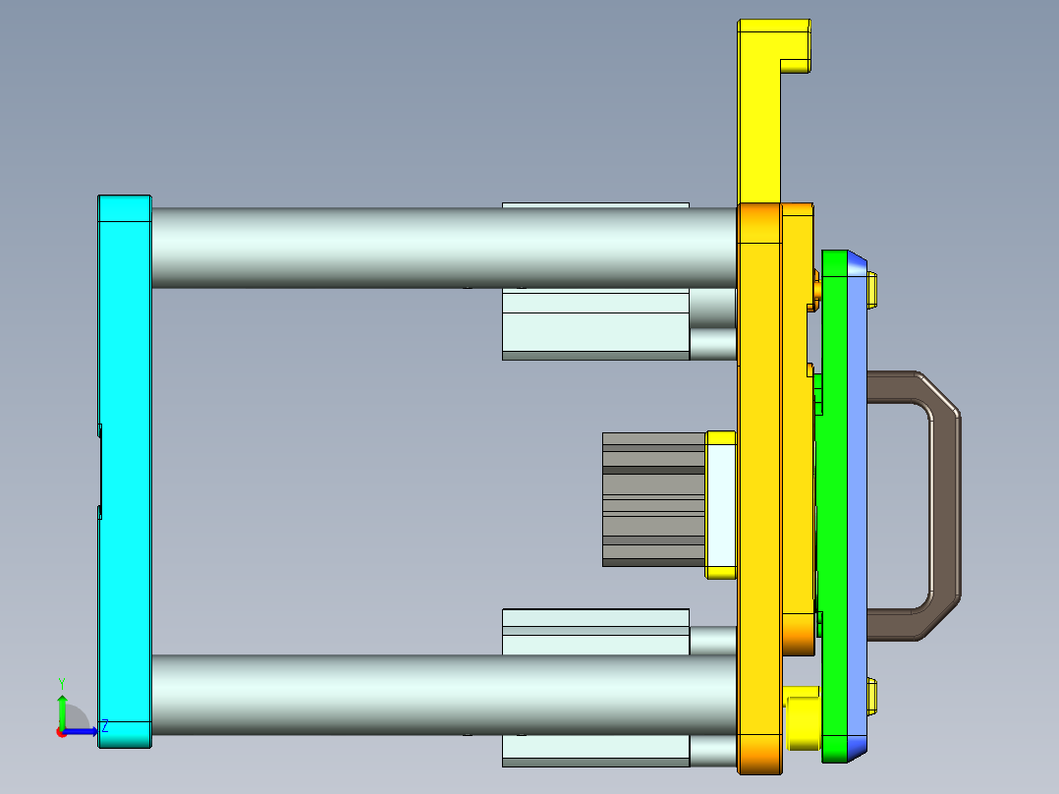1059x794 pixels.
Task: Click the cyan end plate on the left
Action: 124,472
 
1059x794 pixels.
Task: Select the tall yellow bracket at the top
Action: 757,118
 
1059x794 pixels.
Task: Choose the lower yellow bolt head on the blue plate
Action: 873,696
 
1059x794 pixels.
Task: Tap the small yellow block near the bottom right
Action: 803,717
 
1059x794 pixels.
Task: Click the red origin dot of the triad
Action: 61,732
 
